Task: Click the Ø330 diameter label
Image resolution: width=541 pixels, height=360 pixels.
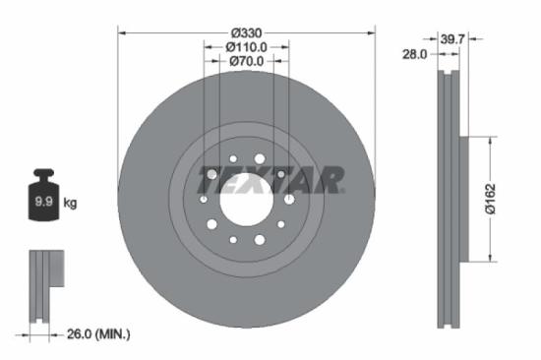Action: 246,31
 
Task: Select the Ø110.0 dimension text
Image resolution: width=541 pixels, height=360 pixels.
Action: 246,46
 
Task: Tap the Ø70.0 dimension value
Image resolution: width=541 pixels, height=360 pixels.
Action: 246,61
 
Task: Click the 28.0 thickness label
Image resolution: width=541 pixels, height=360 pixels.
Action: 414,55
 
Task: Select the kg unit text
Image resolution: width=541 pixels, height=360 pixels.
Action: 71,204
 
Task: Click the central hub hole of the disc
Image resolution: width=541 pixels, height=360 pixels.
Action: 245,200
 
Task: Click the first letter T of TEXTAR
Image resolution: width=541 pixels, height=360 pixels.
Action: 209,180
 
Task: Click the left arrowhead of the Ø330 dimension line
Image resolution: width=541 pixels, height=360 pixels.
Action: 120,31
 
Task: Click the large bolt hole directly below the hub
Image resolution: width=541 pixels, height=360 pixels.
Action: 260,239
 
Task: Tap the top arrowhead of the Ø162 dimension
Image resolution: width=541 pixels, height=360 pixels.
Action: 487,141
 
